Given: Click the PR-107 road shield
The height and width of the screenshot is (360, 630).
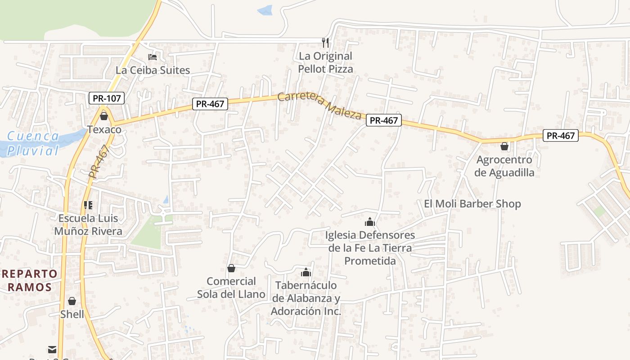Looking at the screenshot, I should pyautogui.click(x=106, y=98).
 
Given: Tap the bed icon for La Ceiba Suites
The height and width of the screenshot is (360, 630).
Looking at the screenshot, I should pyautogui.click(x=153, y=57).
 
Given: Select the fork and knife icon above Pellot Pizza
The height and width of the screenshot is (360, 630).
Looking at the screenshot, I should pyautogui.click(x=325, y=43).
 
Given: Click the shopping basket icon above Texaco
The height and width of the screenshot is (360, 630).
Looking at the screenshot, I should pyautogui.click(x=104, y=117).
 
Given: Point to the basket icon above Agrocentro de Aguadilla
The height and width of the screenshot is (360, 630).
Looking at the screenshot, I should pyautogui.click(x=504, y=146).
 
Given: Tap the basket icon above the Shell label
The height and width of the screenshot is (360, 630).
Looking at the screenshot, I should pyautogui.click(x=72, y=301).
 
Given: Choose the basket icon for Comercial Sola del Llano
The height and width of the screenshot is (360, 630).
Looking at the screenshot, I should pyautogui.click(x=231, y=269).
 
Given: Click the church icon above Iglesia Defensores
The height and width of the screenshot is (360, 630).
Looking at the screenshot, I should pyautogui.click(x=370, y=222).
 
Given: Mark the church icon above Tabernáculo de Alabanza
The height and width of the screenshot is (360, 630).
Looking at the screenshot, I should pyautogui.click(x=306, y=272).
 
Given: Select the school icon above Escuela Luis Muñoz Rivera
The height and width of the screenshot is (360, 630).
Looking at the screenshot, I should pyautogui.click(x=88, y=205).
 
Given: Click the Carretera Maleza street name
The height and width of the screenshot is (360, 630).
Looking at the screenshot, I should pyautogui.click(x=320, y=105).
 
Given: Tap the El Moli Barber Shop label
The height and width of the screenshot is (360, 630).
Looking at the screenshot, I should pyautogui.click(x=472, y=204).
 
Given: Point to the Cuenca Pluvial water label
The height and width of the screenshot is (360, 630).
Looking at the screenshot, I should pyautogui.click(x=33, y=143).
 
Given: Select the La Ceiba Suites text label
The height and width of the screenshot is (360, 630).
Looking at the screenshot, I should pyautogui.click(x=153, y=70).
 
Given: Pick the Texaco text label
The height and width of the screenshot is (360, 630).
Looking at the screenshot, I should pyautogui.click(x=104, y=130).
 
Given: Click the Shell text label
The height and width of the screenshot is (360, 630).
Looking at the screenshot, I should pyautogui.click(x=72, y=314).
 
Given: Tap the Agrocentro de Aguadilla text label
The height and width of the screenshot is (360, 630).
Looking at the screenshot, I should pyautogui.click(x=504, y=166).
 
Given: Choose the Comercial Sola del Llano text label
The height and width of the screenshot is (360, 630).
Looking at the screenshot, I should pyautogui.click(x=231, y=288).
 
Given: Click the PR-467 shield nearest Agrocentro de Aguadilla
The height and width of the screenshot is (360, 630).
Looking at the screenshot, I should pyautogui.click(x=560, y=135).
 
